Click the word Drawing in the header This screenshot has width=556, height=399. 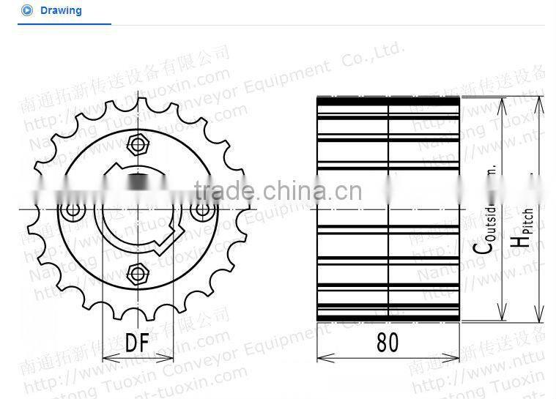coord(61,11)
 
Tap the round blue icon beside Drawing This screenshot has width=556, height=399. coord(27,11)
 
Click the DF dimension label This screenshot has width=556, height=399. coord(137,343)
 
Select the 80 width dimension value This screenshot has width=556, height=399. coord(388,343)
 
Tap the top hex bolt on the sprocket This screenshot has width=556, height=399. coord(137,142)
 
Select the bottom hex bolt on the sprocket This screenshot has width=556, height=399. coord(137,274)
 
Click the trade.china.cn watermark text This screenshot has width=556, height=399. coord(278,193)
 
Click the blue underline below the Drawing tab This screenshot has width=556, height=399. coord(64,24)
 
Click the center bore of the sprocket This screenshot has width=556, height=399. coord(137,209)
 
